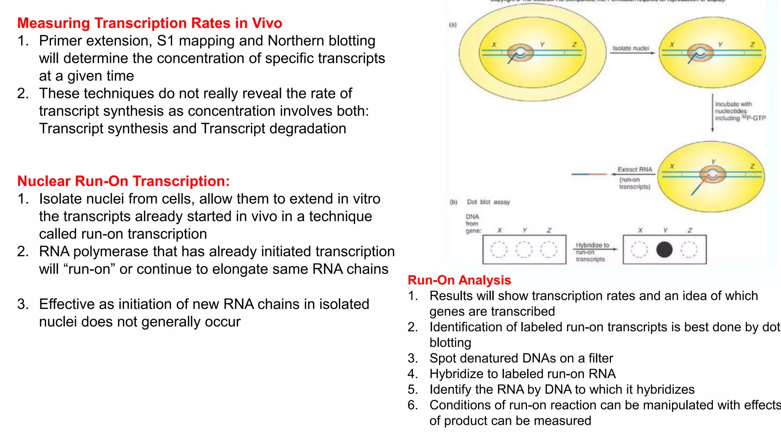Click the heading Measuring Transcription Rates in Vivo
(x=149, y=23)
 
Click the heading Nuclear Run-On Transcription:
(x=124, y=181)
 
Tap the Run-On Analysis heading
(x=459, y=280)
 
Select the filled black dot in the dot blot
(x=664, y=250)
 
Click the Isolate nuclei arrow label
(x=631, y=48)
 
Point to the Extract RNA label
(x=635, y=170)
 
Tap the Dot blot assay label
(x=488, y=202)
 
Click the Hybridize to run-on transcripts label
(x=591, y=252)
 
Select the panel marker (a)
(x=453, y=25)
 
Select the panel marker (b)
(x=453, y=202)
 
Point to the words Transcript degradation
(x=273, y=129)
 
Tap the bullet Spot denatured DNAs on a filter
(x=521, y=358)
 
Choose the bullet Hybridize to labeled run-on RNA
(x=522, y=374)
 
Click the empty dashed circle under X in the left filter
(x=499, y=250)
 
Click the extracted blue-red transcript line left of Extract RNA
(x=589, y=174)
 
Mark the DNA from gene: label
(x=473, y=224)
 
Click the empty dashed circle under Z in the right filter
(x=689, y=250)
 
